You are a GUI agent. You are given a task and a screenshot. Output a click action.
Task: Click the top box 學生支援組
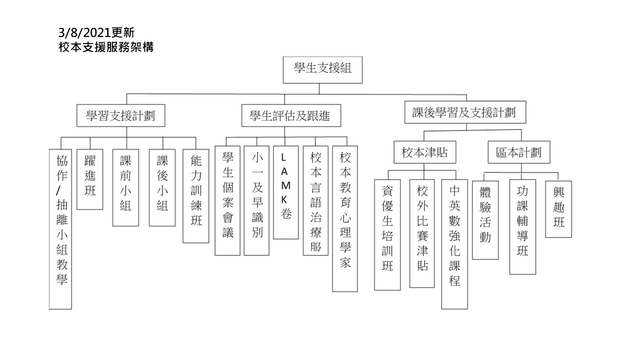(322, 70)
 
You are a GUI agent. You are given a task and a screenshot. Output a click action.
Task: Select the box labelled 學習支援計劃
(121, 115)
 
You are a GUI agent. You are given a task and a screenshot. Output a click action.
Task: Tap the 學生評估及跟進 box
(291, 115)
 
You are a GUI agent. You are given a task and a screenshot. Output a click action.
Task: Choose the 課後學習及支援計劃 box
(465, 112)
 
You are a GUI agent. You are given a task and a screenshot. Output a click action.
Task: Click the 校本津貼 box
(425, 152)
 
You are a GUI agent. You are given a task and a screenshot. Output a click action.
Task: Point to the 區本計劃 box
(519, 152)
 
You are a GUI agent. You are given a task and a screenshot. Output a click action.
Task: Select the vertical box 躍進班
(89, 179)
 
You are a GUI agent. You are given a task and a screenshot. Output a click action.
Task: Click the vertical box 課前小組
(125, 187)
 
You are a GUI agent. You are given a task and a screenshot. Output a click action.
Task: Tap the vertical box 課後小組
(162, 187)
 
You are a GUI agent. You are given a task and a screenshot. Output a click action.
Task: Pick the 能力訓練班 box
(196, 196)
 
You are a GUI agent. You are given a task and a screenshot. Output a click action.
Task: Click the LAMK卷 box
(285, 192)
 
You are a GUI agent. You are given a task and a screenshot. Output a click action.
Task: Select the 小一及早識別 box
(256, 200)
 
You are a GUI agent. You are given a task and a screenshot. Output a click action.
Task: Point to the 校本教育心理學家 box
(345, 219)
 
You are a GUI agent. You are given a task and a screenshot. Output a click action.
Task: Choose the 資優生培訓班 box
(387, 235)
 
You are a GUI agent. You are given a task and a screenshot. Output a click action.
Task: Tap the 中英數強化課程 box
(454, 244)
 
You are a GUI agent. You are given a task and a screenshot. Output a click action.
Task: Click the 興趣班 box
(558, 209)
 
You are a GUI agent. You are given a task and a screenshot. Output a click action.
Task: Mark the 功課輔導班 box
(522, 227)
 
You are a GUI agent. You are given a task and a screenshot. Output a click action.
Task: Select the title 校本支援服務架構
(106, 47)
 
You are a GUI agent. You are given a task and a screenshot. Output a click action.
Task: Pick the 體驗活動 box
(485, 220)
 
